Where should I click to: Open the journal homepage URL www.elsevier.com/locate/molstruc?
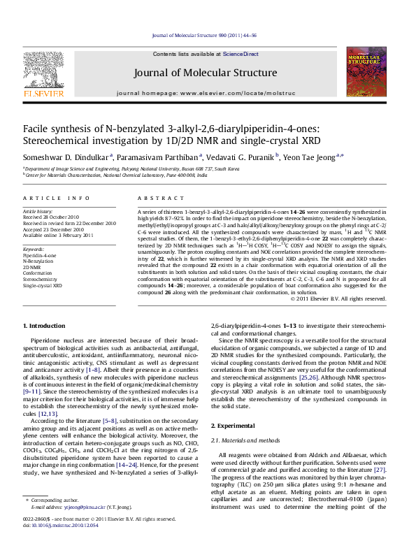(237, 93)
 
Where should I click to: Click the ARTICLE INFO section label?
(50, 199)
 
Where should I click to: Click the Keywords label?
(35, 248)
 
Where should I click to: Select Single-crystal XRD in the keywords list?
(43, 285)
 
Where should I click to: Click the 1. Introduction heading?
(45, 326)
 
